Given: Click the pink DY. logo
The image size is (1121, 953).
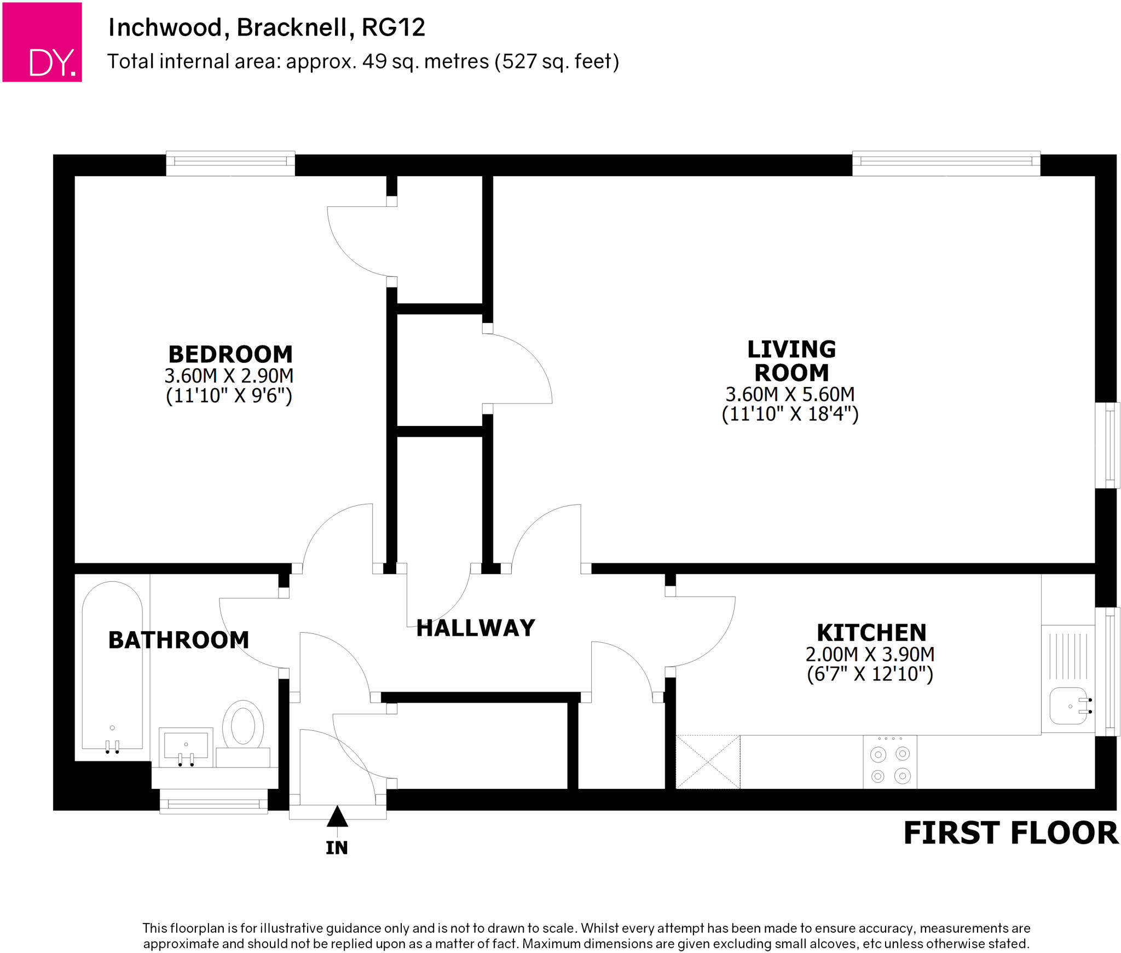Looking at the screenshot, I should pyautogui.click(x=42, y=42).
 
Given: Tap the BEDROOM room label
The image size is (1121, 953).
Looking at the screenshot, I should pyautogui.click(x=230, y=355).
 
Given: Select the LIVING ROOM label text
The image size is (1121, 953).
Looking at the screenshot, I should pyautogui.click(x=791, y=361).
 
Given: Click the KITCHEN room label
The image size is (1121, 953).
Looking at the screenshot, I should pyautogui.click(x=871, y=633).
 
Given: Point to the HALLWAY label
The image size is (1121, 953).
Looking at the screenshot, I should pyautogui.click(x=475, y=628).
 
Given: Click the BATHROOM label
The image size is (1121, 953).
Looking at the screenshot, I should pyautogui.click(x=178, y=640).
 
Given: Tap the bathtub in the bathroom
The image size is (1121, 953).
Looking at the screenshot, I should pyautogui.click(x=112, y=665).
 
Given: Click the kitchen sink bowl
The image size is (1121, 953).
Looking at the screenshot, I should pyautogui.click(x=1067, y=706).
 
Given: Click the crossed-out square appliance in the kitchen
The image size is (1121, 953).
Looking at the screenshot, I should pyautogui.click(x=708, y=761).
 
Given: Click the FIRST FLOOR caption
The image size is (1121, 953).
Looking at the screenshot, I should pyautogui.click(x=1010, y=833).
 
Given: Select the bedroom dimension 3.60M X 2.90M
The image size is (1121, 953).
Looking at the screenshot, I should pyautogui.click(x=229, y=376).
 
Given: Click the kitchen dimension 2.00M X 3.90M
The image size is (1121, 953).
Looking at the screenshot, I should pyautogui.click(x=870, y=654).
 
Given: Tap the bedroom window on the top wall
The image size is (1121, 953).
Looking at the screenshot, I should pyautogui.click(x=230, y=162).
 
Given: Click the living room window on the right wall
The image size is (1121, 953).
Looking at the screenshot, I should pyautogui.click(x=1108, y=445).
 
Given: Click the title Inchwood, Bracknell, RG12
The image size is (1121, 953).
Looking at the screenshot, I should pyautogui.click(x=267, y=27).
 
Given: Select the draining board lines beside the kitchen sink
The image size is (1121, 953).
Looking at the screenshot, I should pyautogui.click(x=1067, y=656).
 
